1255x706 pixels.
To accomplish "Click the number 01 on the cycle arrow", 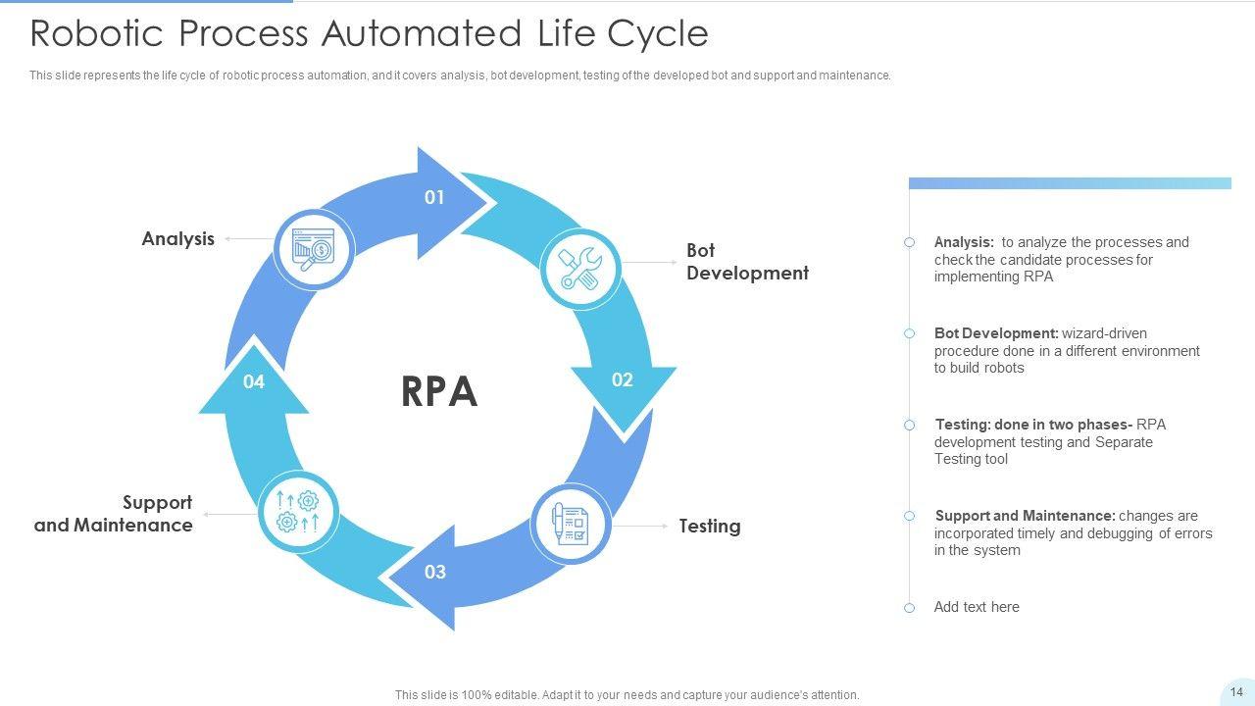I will [x=434, y=198].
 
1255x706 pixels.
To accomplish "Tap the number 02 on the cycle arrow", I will [x=623, y=380].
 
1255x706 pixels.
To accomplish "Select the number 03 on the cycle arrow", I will [x=435, y=572].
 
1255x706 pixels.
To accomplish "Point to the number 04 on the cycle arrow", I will [x=254, y=381].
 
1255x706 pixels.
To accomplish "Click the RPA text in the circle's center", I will [x=439, y=391].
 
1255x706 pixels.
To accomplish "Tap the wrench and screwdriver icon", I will [x=580, y=269].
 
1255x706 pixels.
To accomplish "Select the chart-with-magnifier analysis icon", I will [x=314, y=249].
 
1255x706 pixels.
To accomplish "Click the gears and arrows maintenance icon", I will [x=298, y=512].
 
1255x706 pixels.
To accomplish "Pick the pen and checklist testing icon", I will [x=571, y=524].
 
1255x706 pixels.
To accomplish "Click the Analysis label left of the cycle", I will [x=177, y=238].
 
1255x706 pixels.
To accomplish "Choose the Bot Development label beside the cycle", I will [x=747, y=262].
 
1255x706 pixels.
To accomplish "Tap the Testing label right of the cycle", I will [x=710, y=527].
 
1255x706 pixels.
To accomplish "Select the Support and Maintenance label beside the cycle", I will [x=114, y=514].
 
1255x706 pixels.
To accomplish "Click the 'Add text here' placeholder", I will [x=977, y=607].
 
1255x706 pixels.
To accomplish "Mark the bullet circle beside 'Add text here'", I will [x=910, y=608].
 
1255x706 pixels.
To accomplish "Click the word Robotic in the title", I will [x=99, y=33].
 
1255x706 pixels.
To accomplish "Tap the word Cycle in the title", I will [x=658, y=33].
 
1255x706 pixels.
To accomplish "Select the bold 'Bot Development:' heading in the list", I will [x=996, y=333].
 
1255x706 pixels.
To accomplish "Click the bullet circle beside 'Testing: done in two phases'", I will [x=910, y=425].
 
